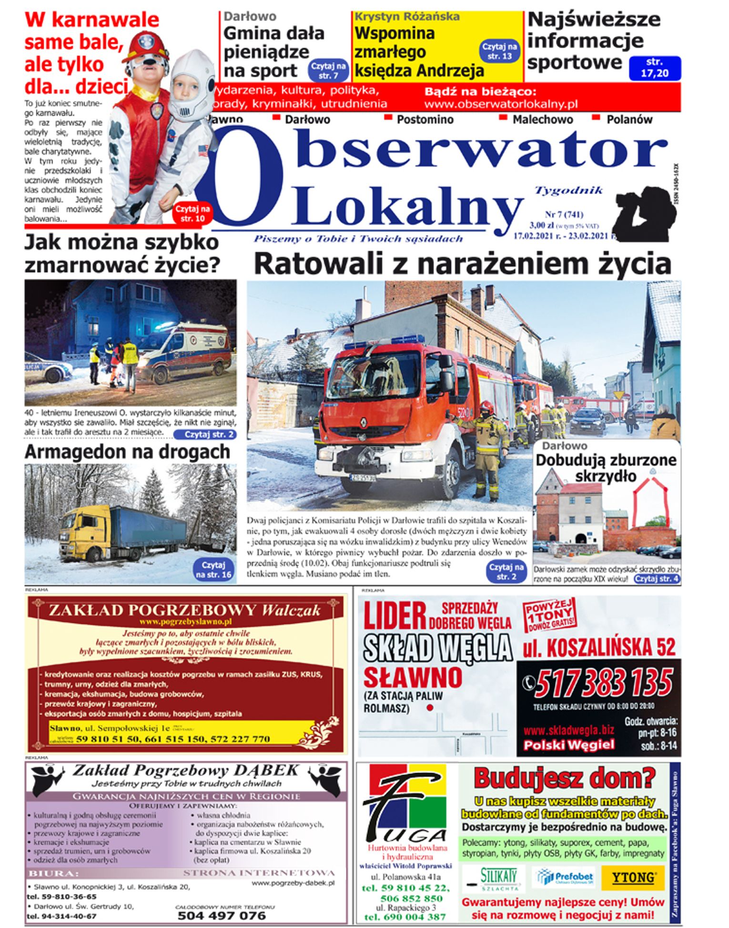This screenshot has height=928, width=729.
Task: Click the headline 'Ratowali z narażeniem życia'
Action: (462, 263)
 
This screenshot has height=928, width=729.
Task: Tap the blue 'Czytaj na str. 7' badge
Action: (328, 71)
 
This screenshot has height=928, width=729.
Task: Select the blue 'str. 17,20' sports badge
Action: (655, 68)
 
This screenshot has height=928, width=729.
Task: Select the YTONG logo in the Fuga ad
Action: (633, 877)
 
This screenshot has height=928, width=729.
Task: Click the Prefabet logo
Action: (565, 877)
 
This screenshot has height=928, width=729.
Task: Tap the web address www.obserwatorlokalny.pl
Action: (501, 104)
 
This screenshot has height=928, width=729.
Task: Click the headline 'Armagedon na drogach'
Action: (127, 452)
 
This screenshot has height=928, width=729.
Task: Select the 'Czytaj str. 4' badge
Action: (656, 578)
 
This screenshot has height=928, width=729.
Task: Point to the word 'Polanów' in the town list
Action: (629, 120)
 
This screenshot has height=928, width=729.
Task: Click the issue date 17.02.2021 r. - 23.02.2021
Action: (560, 236)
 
